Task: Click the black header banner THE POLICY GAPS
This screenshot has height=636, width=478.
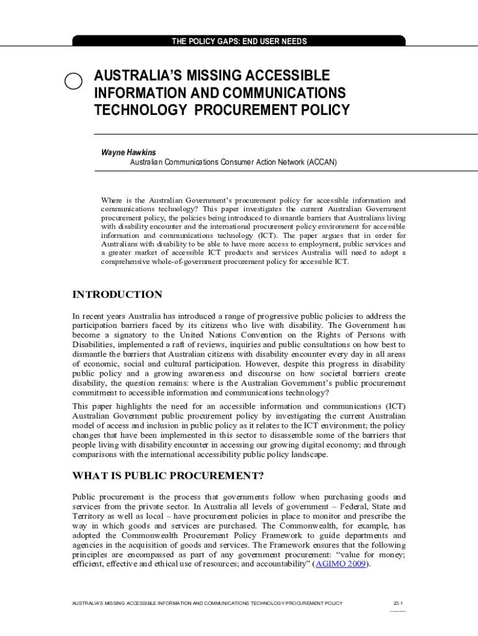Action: click(x=239, y=42)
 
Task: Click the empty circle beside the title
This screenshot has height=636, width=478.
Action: click(x=73, y=81)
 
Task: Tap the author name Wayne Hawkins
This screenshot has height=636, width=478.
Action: click(x=129, y=152)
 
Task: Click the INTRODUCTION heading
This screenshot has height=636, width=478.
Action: click(x=117, y=294)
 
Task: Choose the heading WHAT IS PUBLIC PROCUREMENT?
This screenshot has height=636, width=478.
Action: click(x=168, y=476)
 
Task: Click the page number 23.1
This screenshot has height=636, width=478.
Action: click(x=398, y=603)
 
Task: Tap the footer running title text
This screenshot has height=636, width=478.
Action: click(x=207, y=603)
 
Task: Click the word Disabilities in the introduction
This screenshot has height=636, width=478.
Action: click(x=92, y=344)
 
